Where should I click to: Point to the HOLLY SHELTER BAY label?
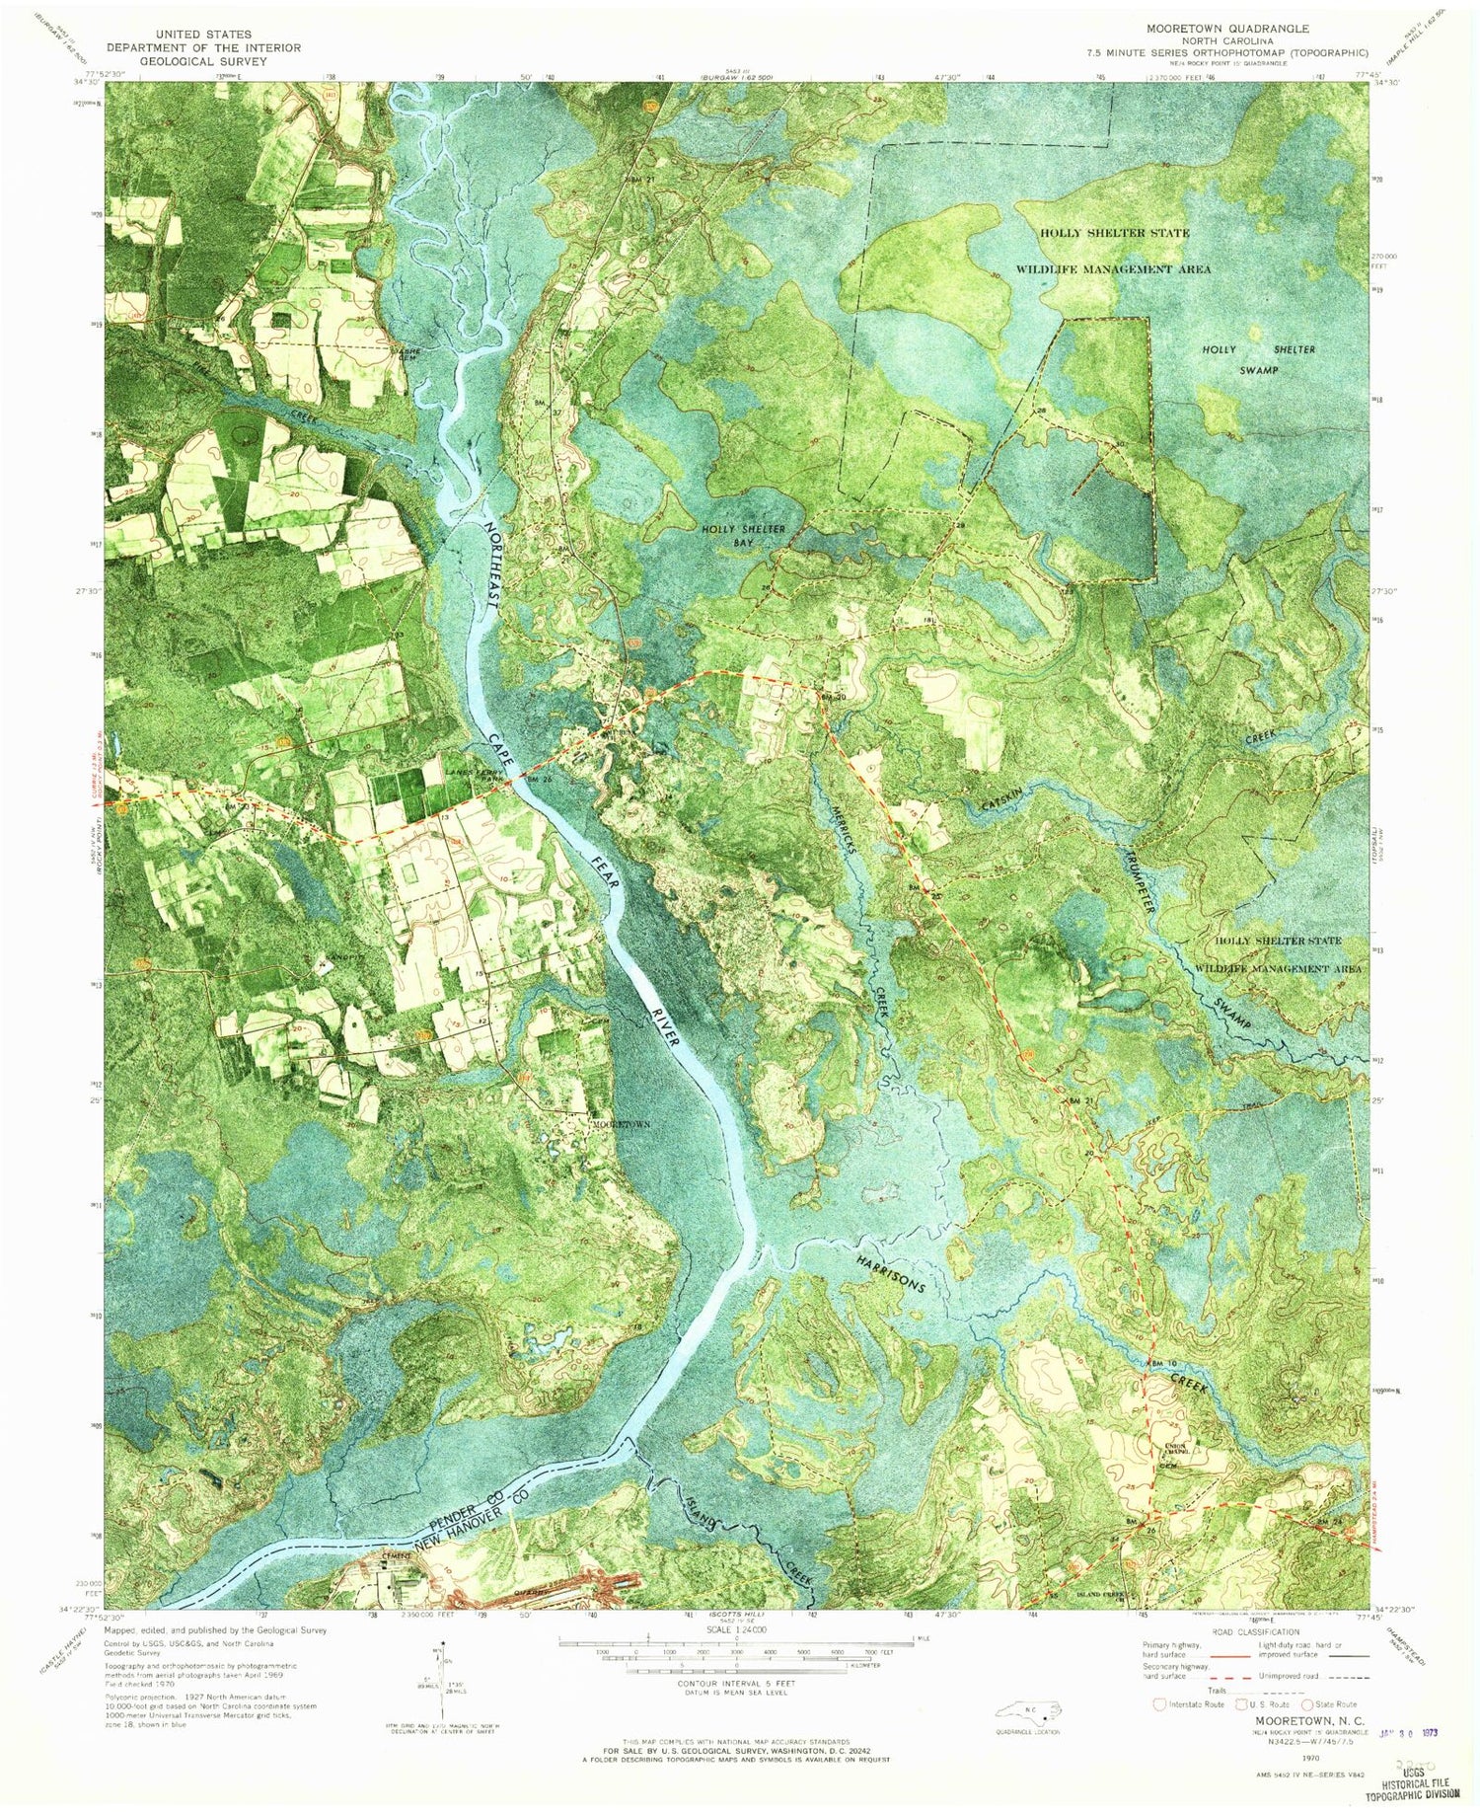tap(744, 536)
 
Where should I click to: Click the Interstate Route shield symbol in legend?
tap(1159, 1703)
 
